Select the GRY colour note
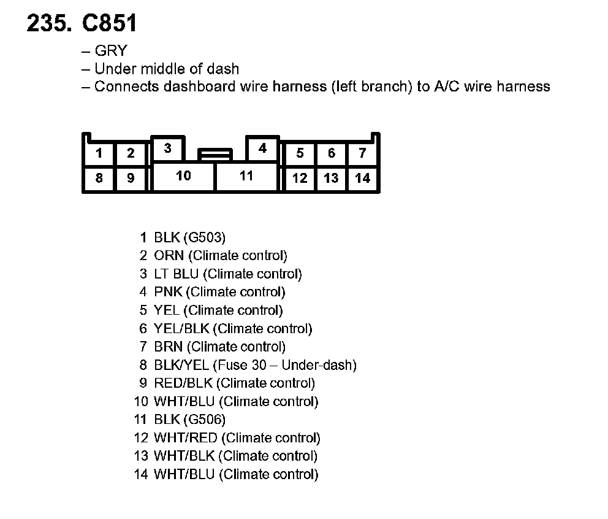pyautogui.click(x=110, y=51)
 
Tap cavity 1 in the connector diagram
pyautogui.click(x=99, y=153)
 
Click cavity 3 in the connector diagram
pyautogui.click(x=167, y=148)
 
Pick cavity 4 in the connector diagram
pyautogui.click(x=262, y=148)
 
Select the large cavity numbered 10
pyautogui.click(x=183, y=176)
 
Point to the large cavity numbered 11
pyautogui.click(x=246, y=176)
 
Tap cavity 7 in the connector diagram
pyautogui.click(x=363, y=153)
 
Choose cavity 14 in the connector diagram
pyautogui.click(x=363, y=179)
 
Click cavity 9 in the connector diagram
pyautogui.click(x=131, y=179)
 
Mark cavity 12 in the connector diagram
pyautogui.click(x=300, y=179)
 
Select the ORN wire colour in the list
pyautogui.click(x=169, y=256)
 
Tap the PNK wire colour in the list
pyautogui.click(x=168, y=292)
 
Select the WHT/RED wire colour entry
pyautogui.click(x=186, y=438)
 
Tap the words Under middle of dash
pyautogui.click(x=167, y=69)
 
